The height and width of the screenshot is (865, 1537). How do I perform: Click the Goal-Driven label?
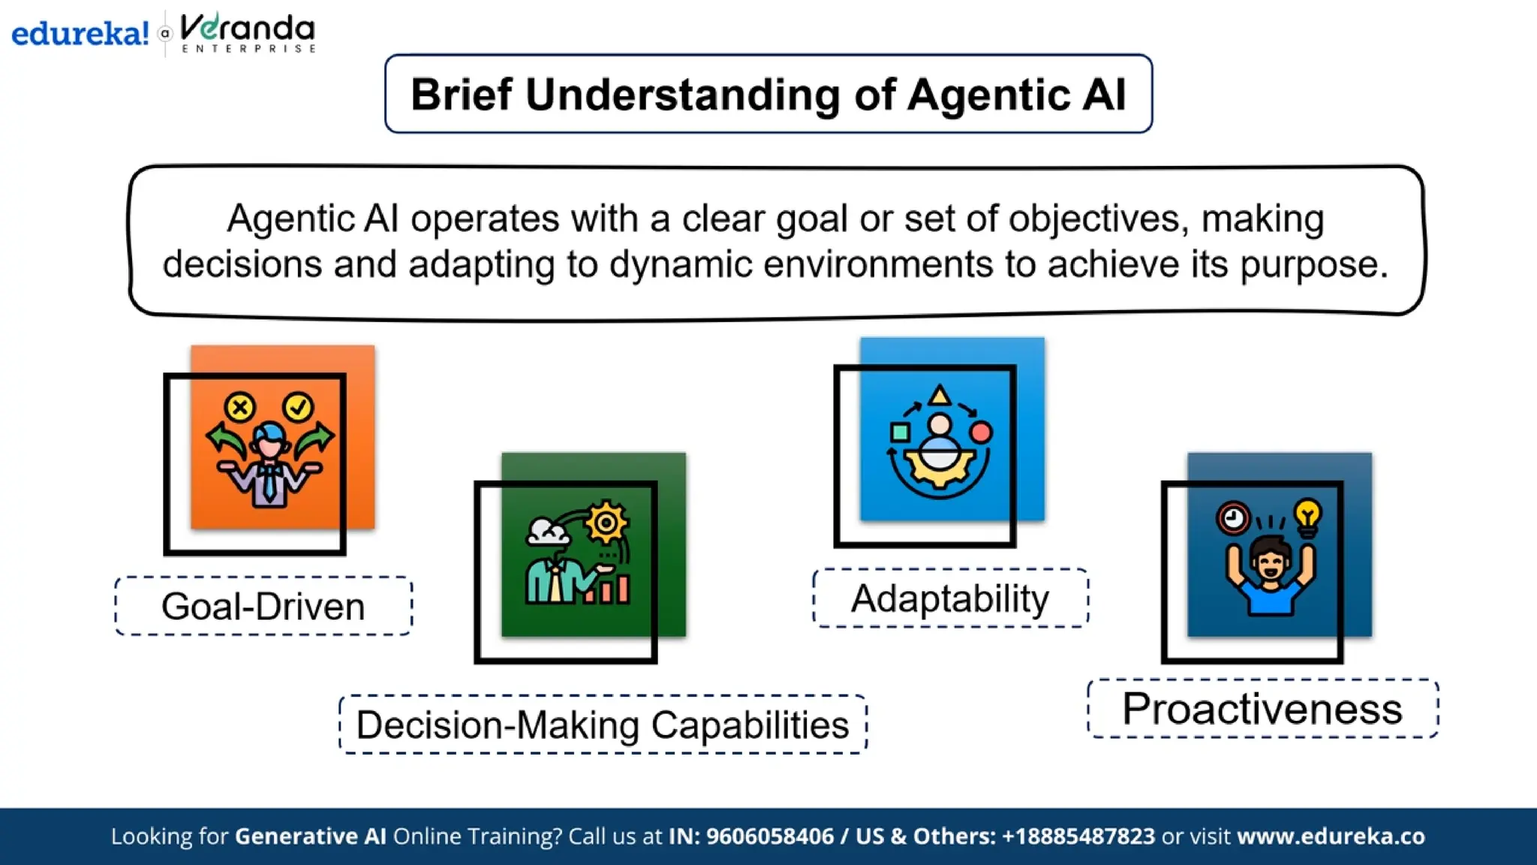(x=263, y=607)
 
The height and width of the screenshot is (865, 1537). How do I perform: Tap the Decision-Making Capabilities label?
(x=603, y=725)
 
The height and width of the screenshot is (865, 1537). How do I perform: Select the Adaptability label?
(x=950, y=599)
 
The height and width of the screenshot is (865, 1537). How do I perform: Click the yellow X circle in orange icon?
(x=240, y=408)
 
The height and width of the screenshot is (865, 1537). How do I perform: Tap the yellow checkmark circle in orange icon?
(x=298, y=407)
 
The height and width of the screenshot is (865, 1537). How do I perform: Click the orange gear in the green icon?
(x=606, y=522)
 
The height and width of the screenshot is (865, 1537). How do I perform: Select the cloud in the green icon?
(x=548, y=532)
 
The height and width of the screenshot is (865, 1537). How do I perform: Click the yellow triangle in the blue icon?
(x=939, y=395)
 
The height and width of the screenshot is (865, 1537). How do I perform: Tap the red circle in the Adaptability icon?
(x=980, y=432)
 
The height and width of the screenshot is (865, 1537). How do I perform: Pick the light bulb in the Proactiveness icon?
(x=1307, y=517)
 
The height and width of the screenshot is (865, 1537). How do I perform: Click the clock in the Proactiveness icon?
(x=1232, y=518)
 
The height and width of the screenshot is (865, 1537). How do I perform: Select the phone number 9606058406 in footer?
(x=769, y=836)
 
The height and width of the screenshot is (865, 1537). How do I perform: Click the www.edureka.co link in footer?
(x=1331, y=836)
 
